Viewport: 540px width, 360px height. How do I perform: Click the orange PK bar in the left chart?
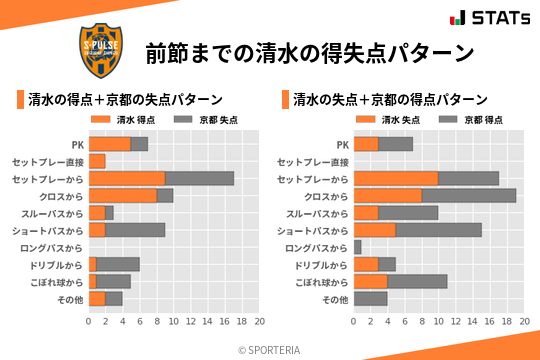click(110, 144)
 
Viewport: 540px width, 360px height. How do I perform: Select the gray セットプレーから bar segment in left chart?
click(200, 178)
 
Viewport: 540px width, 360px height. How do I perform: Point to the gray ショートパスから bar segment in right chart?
click(439, 230)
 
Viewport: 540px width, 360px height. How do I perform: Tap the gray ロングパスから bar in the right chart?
click(358, 247)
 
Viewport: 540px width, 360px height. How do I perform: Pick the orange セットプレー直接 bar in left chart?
click(97, 161)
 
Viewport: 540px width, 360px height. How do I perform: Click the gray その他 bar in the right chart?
click(371, 298)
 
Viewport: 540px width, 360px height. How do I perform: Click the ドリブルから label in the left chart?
click(60, 264)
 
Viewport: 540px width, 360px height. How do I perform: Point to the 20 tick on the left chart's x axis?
click(259, 322)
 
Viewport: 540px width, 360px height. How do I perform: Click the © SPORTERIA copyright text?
click(269, 349)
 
